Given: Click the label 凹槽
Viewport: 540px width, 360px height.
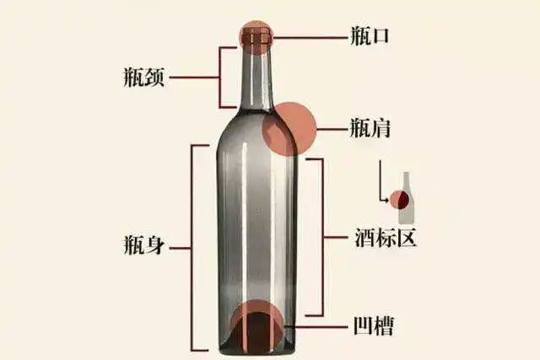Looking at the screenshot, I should [x=372, y=325].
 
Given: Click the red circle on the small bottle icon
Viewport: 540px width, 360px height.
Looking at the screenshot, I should [x=399, y=201].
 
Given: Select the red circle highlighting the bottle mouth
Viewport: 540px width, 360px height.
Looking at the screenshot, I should [x=256, y=36].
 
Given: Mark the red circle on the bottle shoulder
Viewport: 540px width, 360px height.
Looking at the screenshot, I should [x=290, y=129].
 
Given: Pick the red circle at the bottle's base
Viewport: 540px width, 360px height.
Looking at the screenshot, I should [x=256, y=325].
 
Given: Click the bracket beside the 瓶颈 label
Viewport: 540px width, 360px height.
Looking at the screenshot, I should [x=222, y=78].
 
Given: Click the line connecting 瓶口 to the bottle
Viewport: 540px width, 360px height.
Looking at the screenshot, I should [x=308, y=37].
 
